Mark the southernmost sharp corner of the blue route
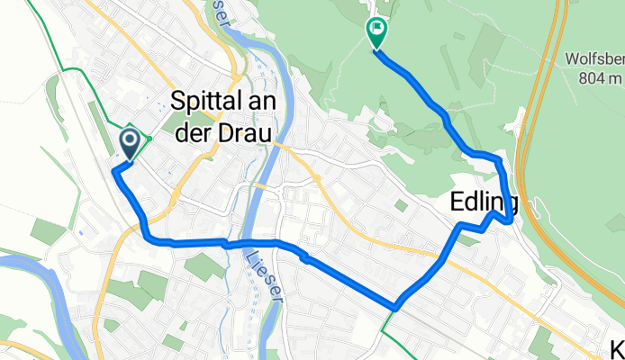395,308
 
